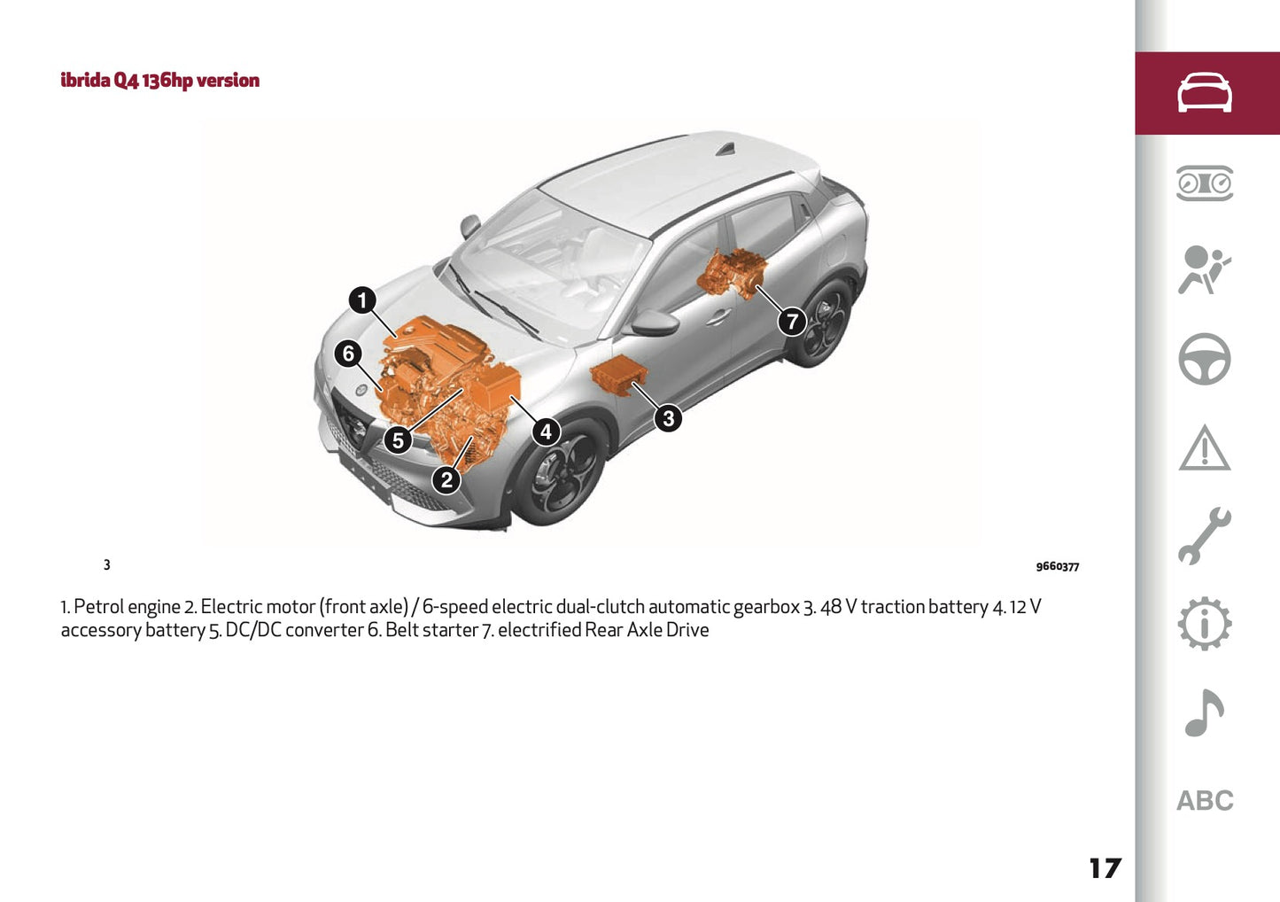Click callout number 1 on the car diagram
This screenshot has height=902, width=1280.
tap(362, 300)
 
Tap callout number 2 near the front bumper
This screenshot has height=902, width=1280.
tap(446, 479)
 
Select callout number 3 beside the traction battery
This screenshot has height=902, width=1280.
tap(668, 417)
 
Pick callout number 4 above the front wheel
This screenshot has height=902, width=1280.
tap(546, 432)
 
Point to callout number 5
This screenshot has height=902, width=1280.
tap(398, 439)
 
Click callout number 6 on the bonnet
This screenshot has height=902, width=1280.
tap(348, 354)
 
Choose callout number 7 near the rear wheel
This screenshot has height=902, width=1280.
tap(792, 322)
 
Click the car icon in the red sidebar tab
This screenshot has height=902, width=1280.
tap(1204, 93)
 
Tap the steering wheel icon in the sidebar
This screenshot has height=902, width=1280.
tap(1204, 359)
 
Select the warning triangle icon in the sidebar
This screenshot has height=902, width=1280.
tap(1204, 447)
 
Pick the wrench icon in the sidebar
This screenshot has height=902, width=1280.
tap(1204, 536)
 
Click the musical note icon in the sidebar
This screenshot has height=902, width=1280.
tap(1204, 712)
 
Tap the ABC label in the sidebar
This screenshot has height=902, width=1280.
tap(1205, 801)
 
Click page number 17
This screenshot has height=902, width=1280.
tap(1105, 867)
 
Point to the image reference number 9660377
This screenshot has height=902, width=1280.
tap(1057, 566)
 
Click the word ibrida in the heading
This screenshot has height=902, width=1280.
tap(85, 80)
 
